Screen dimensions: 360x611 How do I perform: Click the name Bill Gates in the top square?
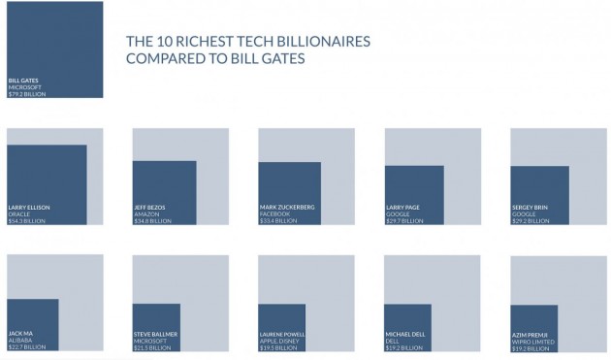coord(22,81)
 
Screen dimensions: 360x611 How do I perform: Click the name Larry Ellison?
coord(29,208)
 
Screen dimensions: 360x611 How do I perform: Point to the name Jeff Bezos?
coord(149,208)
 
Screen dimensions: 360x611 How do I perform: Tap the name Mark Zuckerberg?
coord(287,208)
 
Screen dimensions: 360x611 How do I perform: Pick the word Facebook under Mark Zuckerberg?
coord(274,214)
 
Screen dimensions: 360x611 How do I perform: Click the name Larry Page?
coord(402,208)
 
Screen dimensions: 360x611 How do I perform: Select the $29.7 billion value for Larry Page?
coord(404,221)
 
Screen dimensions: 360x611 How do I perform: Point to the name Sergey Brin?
coord(531,208)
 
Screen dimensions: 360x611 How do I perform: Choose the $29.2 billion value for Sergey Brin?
coord(531,221)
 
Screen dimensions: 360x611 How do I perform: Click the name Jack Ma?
coord(19,334)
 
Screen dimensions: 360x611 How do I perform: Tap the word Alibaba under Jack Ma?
coord(19,341)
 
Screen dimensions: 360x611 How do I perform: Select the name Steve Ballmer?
coord(155,334)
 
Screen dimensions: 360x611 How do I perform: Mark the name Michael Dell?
coord(405,334)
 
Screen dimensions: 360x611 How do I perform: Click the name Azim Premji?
coord(531,334)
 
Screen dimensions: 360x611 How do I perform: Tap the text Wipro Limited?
coord(532,341)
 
